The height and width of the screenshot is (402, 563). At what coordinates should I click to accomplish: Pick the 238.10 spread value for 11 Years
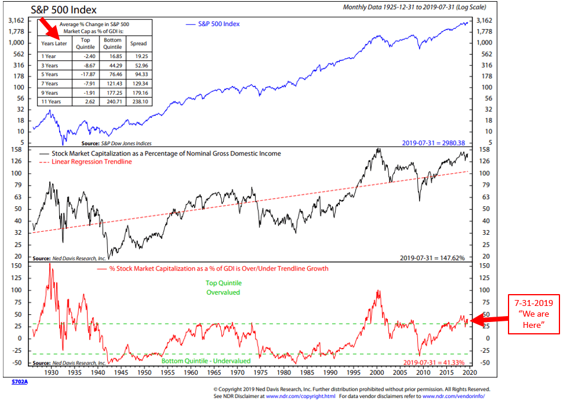(x=138, y=101)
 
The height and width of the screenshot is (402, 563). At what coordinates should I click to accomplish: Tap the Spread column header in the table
(x=138, y=43)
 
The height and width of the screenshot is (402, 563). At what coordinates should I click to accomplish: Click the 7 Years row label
(x=50, y=83)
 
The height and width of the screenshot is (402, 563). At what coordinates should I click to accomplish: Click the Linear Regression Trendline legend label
(x=92, y=162)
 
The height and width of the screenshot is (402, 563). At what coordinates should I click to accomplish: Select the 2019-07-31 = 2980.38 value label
(x=433, y=143)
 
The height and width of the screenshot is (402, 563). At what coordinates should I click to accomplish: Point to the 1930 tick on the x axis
(x=52, y=372)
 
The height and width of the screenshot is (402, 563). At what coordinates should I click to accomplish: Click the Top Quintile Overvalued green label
(x=224, y=288)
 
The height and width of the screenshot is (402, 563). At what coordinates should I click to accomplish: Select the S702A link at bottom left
(x=20, y=382)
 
